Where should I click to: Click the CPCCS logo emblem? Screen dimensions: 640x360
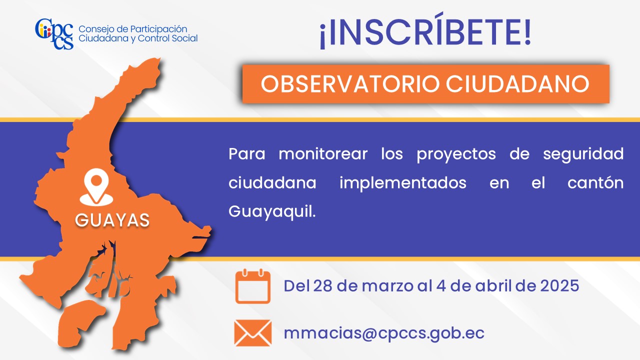coord(54,33)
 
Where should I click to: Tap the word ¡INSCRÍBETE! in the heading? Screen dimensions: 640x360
coord(425,30)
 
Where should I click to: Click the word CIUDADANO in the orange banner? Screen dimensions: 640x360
coord(517,84)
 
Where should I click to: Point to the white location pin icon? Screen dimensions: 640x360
coord(96,187)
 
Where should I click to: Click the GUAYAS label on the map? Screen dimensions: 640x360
coord(112,220)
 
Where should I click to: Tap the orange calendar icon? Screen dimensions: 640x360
coord(253,286)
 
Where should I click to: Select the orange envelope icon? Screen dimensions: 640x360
coord(253,333)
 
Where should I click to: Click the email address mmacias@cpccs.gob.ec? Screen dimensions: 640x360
coord(383,333)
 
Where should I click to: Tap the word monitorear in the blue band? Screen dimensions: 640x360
coord(323,154)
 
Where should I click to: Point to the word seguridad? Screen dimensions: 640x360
coord(583,155)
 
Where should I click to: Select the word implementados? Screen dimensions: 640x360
coord(403,183)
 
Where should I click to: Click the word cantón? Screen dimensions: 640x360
coord(595,182)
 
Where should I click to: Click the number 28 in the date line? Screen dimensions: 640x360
coord(322,285)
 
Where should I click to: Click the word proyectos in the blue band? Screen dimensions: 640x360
coord(456,155)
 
